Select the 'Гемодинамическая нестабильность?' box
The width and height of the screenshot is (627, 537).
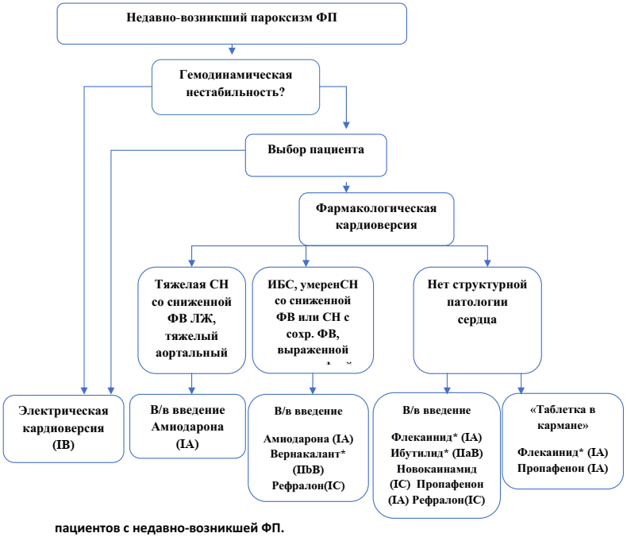[x=236, y=83]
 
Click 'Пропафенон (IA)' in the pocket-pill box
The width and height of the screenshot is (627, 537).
[x=562, y=469]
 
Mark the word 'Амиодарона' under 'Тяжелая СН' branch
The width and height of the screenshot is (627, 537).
[x=188, y=427]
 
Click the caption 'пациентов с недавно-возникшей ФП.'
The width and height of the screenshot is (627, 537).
[x=169, y=527]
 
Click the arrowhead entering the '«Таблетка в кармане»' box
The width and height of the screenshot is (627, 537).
[x=521, y=388]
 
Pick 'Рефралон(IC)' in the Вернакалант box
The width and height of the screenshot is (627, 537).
[x=308, y=485]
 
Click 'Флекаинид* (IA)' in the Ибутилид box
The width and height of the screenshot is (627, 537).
[x=437, y=437]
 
